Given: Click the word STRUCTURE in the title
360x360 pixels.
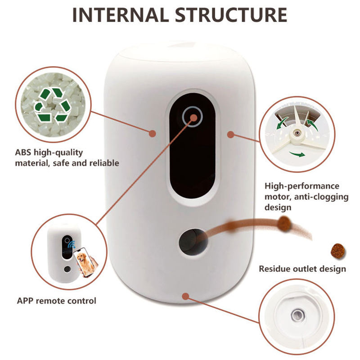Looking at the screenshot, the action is pyautogui.click(x=231, y=14).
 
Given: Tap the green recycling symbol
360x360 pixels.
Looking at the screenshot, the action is pyautogui.click(x=52, y=105).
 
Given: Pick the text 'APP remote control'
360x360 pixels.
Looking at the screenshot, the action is pyautogui.click(x=56, y=300).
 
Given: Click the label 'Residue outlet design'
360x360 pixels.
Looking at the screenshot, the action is pyautogui.click(x=302, y=269).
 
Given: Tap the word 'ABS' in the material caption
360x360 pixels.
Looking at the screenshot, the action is pyautogui.click(x=24, y=153).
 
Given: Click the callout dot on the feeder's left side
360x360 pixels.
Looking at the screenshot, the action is pyautogui.click(x=153, y=134).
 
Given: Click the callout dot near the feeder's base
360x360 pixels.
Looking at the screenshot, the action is pyautogui.click(x=185, y=295).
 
